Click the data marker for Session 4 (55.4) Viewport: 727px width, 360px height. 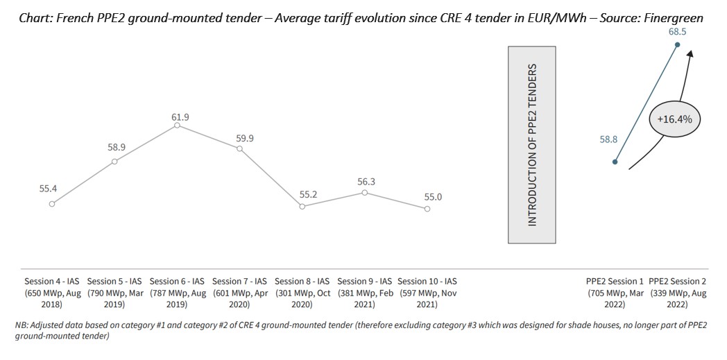(52, 204)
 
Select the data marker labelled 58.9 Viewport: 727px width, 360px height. (114, 162)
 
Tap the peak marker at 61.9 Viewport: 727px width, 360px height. (177, 126)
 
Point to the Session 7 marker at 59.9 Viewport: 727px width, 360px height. (239, 149)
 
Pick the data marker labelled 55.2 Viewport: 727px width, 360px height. (302, 207)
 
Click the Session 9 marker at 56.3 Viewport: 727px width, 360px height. (365, 193)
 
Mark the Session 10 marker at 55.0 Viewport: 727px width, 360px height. (427, 209)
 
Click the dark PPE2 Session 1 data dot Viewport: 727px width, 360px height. (615, 162)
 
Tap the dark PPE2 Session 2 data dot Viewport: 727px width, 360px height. (678, 45)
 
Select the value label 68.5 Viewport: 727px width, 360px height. (678, 32)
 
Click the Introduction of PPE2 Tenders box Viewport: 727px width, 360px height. (532, 145)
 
